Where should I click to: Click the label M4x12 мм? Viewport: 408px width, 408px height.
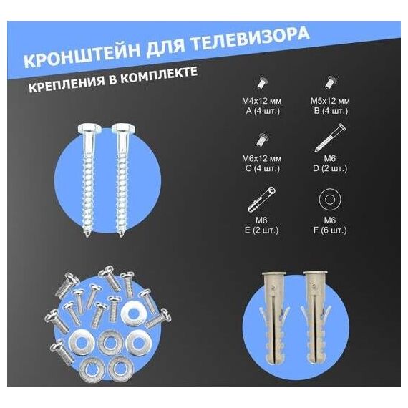pyautogui.click(x=261, y=101)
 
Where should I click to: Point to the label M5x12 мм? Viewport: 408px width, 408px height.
pyautogui.click(x=330, y=101)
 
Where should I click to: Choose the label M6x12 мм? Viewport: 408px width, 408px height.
pyautogui.click(x=261, y=158)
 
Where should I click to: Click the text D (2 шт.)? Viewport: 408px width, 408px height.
pyautogui.click(x=330, y=169)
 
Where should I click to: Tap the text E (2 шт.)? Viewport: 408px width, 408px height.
pyautogui.click(x=261, y=230)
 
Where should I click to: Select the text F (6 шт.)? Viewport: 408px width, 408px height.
pyautogui.click(x=330, y=230)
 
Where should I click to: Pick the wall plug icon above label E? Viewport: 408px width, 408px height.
pyautogui.click(x=261, y=199)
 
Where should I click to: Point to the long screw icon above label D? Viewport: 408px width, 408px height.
pyautogui.click(x=330, y=137)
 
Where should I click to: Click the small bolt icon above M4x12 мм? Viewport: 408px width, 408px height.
pyautogui.click(x=261, y=83)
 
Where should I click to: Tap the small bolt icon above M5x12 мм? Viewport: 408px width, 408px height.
pyautogui.click(x=330, y=83)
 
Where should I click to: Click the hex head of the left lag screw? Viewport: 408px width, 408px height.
pyautogui.click(x=87, y=128)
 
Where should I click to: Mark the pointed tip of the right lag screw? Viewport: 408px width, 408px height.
pyautogui.click(x=121, y=236)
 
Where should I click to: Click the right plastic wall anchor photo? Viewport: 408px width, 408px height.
pyautogui.click(x=316, y=318)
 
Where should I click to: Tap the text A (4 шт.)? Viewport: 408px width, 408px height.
pyautogui.click(x=263, y=111)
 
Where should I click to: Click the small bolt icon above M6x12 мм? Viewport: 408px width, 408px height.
pyautogui.click(x=261, y=140)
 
